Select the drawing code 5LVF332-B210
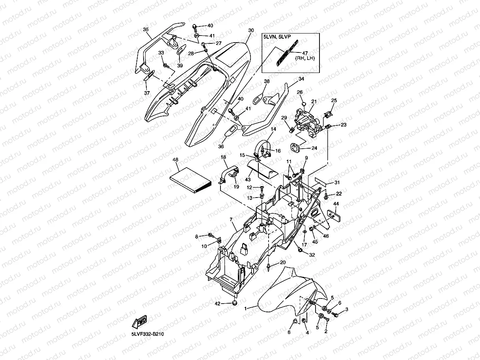tap(148, 334)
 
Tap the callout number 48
tap(176, 160)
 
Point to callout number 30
tap(251, 30)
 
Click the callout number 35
tap(146, 30)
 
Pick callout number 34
tap(301, 79)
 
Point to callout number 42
tap(217, 303)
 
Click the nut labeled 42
tap(234, 303)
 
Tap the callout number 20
tap(283, 263)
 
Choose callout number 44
tap(336, 204)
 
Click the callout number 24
tap(314, 148)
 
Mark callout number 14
tap(273, 129)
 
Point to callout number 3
tap(347, 309)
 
